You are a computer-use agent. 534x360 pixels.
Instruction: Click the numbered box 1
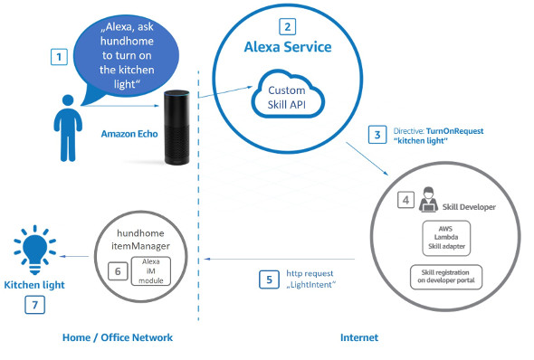tap(59, 56)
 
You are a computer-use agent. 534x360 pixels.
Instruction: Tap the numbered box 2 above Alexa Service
tap(288, 26)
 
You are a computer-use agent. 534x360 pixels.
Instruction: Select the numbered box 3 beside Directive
tap(377, 135)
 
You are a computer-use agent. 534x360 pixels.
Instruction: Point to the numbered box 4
tap(405, 200)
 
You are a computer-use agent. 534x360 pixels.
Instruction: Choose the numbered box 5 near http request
tap(269, 279)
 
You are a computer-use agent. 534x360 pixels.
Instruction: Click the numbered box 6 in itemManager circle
tap(118, 271)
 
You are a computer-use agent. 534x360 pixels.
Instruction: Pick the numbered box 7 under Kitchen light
tap(34, 305)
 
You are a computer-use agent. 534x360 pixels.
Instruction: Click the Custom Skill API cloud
tap(287, 94)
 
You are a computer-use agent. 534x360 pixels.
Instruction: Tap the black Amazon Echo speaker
tap(176, 128)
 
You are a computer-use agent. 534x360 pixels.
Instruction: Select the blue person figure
tap(68, 128)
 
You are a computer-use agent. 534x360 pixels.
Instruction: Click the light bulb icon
tap(34, 250)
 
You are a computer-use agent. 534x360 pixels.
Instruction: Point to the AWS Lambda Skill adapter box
tap(446, 238)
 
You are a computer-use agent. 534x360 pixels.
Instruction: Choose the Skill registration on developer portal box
tap(446, 277)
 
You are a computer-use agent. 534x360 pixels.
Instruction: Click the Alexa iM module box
tap(150, 270)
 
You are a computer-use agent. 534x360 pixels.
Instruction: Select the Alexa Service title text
tap(288, 47)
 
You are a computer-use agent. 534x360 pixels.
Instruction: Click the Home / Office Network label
tap(118, 337)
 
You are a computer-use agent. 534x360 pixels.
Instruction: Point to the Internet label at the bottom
tap(359, 337)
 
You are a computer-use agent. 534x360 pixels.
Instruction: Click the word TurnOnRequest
tap(454, 131)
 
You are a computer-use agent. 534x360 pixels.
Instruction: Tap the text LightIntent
tap(311, 284)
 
